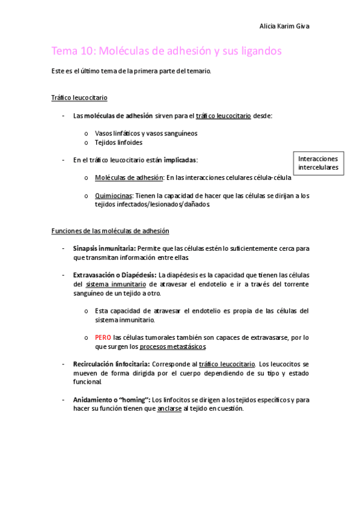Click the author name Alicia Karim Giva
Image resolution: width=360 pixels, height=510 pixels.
pos(284,26)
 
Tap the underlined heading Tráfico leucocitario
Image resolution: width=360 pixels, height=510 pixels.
pos(79,97)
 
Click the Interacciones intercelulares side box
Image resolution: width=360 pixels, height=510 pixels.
pos(319,163)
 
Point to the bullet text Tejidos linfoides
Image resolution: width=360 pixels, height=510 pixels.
pos(119,143)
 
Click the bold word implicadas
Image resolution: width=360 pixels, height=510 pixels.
pos(180,160)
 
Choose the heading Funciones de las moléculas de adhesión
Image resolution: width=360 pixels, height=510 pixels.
pos(110,231)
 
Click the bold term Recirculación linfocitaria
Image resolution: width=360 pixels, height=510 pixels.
pos(111,364)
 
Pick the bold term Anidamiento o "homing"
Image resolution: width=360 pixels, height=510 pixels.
pos(111,399)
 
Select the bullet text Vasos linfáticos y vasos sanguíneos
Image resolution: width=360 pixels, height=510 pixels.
pos(146,134)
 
